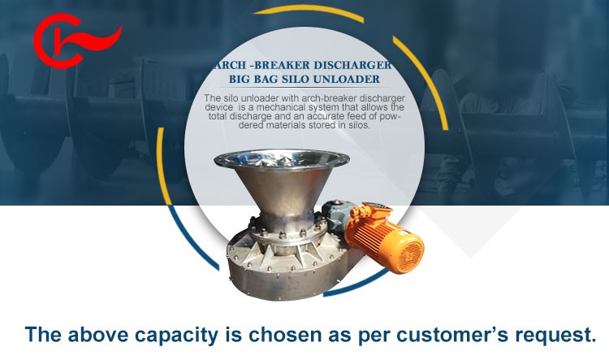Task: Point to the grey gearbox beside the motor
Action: [335, 215]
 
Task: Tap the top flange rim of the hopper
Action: [282, 158]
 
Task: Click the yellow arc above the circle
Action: [308, 11]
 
